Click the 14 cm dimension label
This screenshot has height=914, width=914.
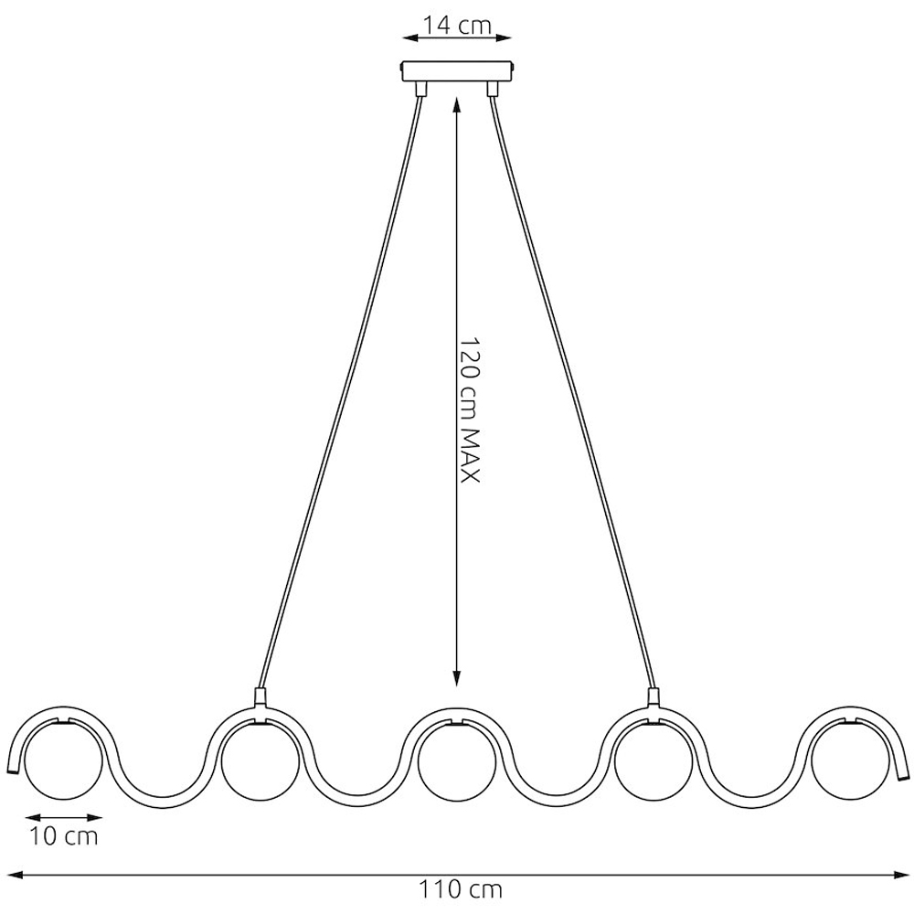click(x=457, y=26)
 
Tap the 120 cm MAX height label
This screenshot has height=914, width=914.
click(x=469, y=409)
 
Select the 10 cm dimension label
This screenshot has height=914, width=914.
click(x=64, y=836)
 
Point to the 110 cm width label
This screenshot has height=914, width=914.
click(x=461, y=890)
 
